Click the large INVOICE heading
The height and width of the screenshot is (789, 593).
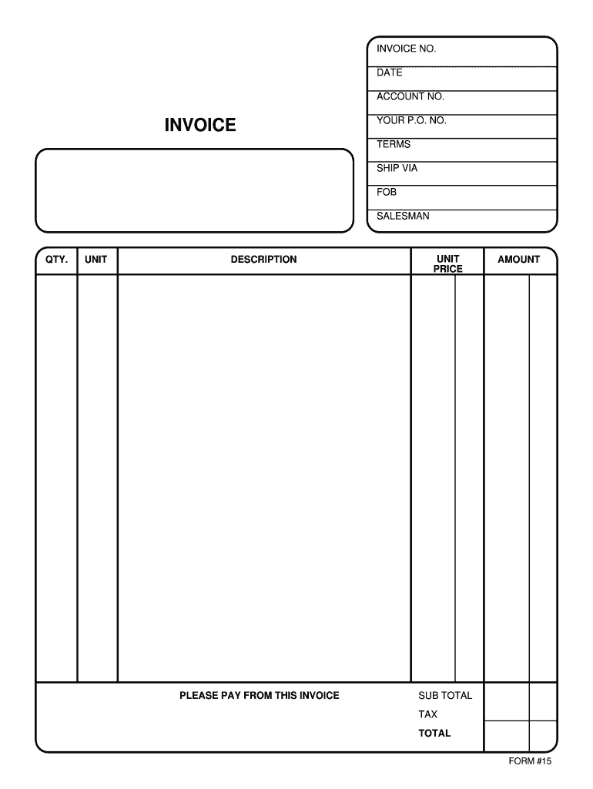click(200, 125)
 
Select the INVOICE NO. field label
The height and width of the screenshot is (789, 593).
click(406, 49)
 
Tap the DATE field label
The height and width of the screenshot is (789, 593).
click(390, 73)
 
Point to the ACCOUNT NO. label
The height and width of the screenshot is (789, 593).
click(410, 97)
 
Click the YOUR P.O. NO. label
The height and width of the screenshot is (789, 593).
click(411, 121)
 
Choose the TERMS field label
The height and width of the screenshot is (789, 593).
click(394, 145)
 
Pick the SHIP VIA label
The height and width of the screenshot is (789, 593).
click(397, 168)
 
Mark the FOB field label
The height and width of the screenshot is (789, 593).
click(387, 192)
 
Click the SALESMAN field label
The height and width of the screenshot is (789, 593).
click(403, 217)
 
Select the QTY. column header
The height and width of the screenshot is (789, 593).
click(56, 260)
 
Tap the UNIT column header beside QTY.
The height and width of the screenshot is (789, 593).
click(96, 260)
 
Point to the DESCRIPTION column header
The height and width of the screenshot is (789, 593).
click(263, 260)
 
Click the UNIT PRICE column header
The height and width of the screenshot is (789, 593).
click(448, 264)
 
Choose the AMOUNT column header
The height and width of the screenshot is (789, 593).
click(518, 260)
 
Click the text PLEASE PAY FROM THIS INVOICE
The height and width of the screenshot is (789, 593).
click(260, 696)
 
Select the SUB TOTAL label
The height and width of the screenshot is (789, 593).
click(445, 696)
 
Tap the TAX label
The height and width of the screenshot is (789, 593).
click(427, 714)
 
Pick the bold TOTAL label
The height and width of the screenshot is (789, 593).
click(434, 734)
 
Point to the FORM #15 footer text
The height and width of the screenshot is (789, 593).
click(530, 762)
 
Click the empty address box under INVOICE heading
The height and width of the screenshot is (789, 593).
click(194, 190)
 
